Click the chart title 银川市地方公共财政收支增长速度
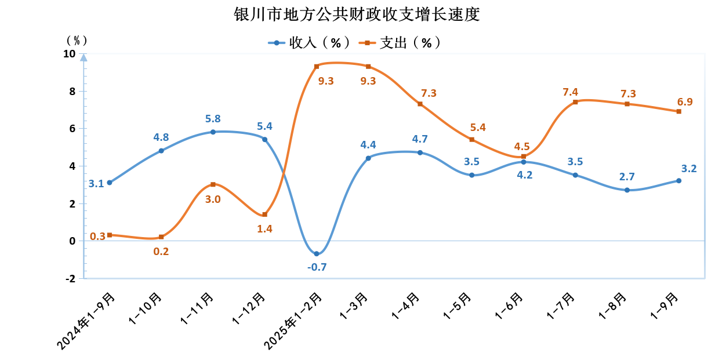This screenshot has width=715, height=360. click(357, 14)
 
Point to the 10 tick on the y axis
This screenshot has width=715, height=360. click(69, 53)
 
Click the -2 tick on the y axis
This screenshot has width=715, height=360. click(70, 278)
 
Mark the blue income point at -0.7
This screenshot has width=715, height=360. click(317, 254)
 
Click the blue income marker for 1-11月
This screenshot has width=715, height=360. click(213, 132)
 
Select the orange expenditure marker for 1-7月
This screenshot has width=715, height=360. click(575, 102)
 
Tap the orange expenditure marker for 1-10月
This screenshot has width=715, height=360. click(161, 237)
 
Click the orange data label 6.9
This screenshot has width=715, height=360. click(685, 102)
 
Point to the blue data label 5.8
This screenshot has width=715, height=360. click(213, 119)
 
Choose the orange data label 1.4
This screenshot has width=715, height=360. click(264, 228)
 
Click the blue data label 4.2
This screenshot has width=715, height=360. click(524, 174)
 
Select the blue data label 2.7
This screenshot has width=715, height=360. click(627, 177)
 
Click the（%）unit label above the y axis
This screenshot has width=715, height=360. click(77, 40)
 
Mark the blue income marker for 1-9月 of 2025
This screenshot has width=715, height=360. click(678, 181)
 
